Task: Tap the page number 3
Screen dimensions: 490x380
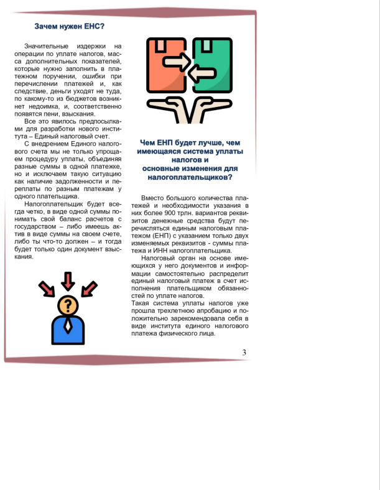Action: (244, 353)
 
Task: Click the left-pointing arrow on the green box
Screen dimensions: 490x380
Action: (200, 75)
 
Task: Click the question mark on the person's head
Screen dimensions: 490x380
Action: (68, 305)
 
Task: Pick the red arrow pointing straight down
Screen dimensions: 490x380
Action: (68, 281)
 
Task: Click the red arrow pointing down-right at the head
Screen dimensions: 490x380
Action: (47, 289)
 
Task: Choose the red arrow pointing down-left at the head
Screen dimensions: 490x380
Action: (89, 289)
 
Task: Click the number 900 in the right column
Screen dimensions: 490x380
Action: (168, 213)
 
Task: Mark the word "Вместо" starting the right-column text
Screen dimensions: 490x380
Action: (153, 198)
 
